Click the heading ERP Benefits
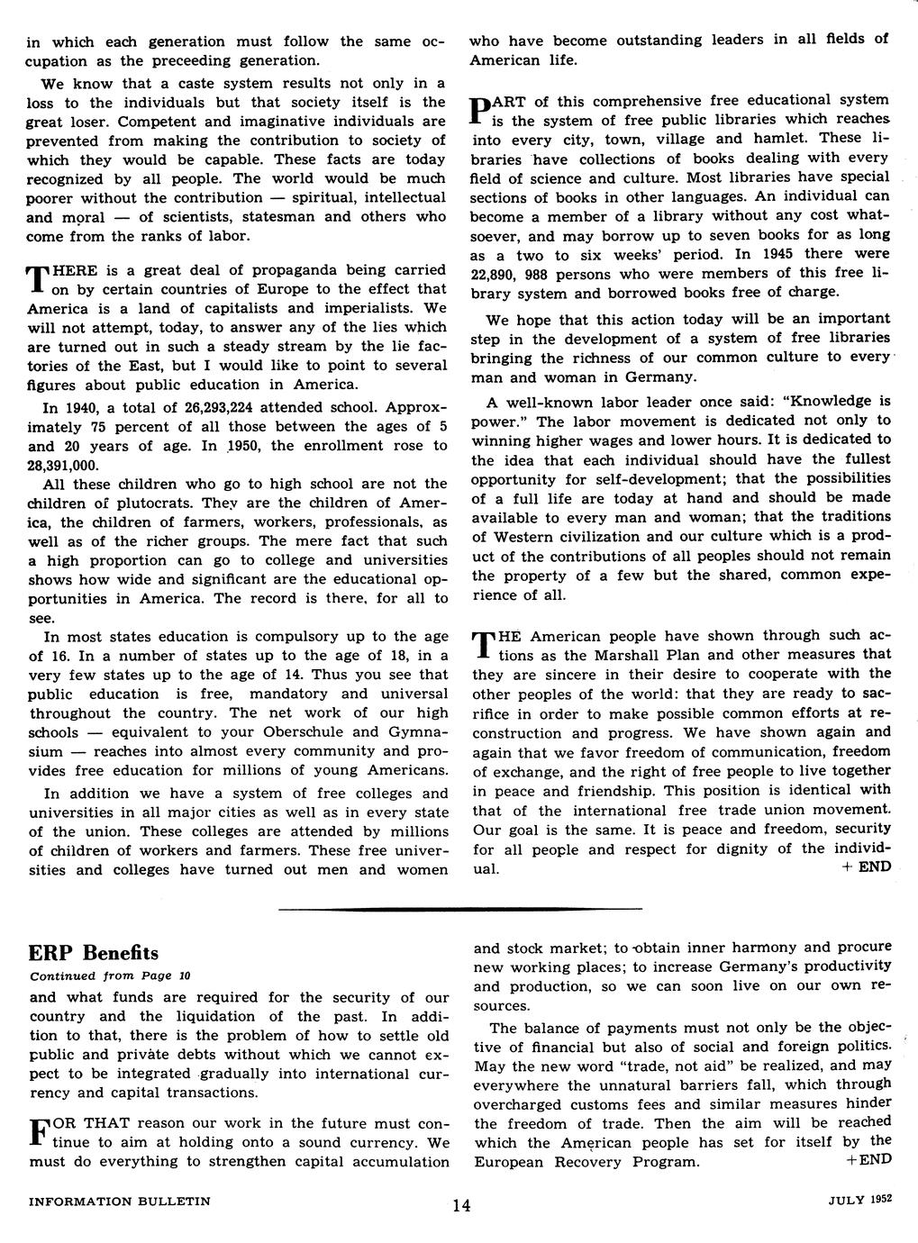(x=94, y=953)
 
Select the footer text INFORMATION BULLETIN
(x=120, y=1201)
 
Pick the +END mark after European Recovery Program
(x=868, y=1160)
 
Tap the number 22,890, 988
(x=517, y=274)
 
